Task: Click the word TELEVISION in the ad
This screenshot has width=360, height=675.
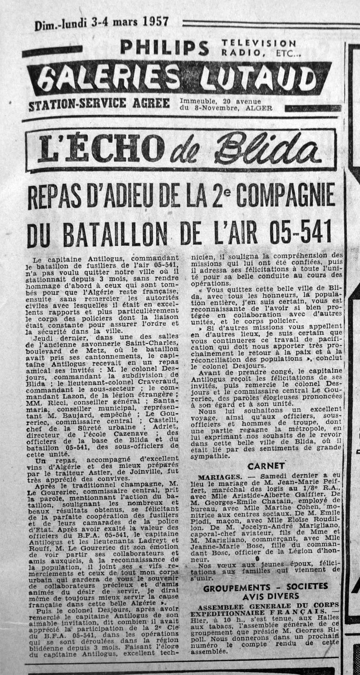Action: point(258,43)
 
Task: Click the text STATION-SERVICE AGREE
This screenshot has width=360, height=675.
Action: point(99,104)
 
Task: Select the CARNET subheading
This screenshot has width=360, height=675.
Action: point(266,465)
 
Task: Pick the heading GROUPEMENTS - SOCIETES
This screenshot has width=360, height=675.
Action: point(265,588)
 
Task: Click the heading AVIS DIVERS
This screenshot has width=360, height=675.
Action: point(265,596)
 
